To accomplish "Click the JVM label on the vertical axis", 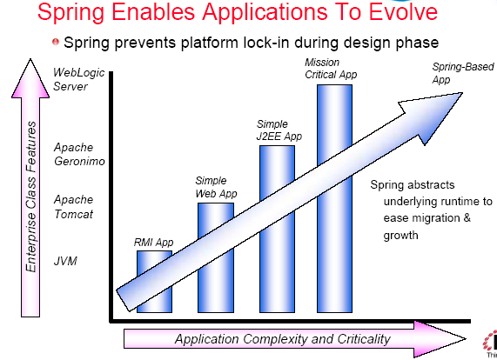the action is (65, 261).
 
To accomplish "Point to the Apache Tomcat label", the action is (73, 207).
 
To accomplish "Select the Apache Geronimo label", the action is (79, 154).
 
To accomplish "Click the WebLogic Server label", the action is (78, 79).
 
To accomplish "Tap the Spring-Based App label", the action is (463, 73).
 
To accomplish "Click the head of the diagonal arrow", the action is (462, 93).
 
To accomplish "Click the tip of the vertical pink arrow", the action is (30, 59).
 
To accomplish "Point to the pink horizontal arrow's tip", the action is (466, 339).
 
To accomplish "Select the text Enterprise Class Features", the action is (31, 197).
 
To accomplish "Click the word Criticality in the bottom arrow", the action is (364, 339).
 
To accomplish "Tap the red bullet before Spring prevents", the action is (56, 42).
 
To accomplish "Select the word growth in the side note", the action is (400, 236).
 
